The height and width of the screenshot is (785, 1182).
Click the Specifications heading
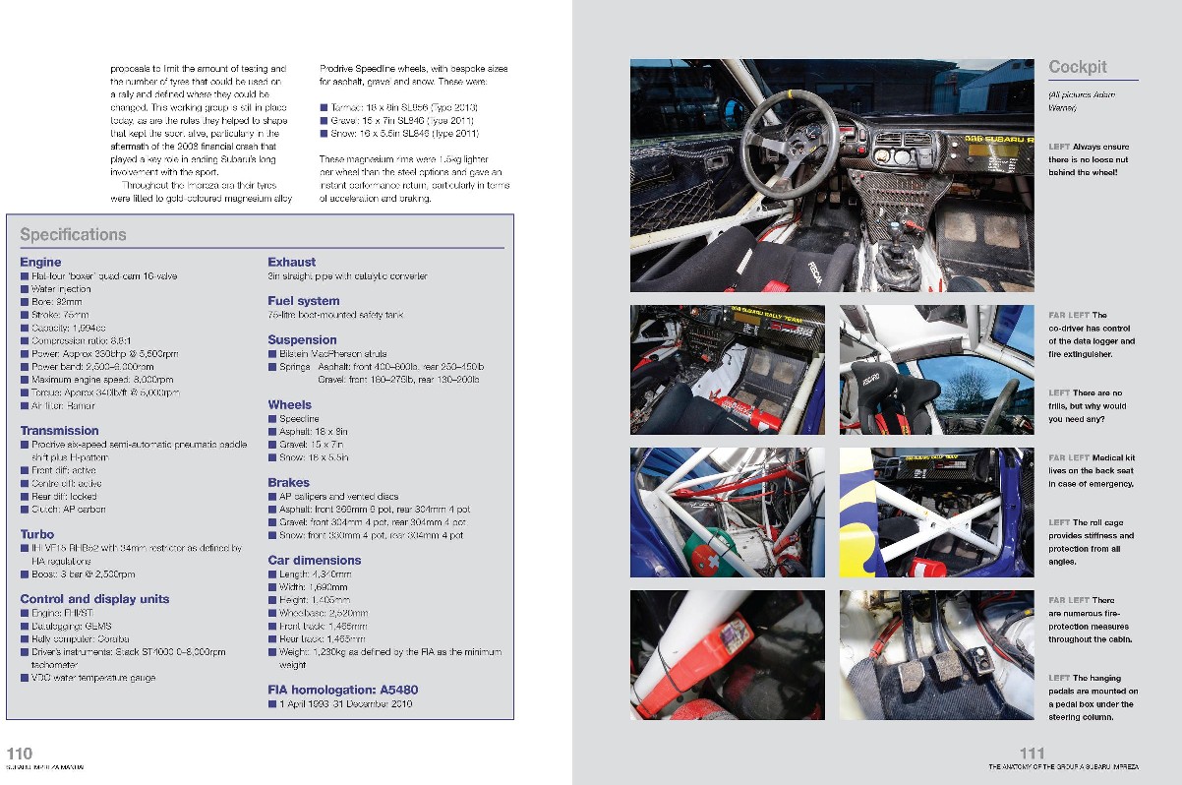pyautogui.click(x=73, y=235)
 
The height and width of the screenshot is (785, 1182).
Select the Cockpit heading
pyautogui.click(x=1077, y=67)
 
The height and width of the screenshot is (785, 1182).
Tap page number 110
pyautogui.click(x=20, y=754)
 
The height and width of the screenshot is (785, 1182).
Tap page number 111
pyautogui.click(x=1032, y=754)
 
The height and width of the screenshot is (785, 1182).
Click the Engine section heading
pyautogui.click(x=40, y=262)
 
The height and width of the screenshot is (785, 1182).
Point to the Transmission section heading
pyautogui.click(x=59, y=431)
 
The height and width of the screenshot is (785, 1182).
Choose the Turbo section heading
pyautogui.click(x=37, y=534)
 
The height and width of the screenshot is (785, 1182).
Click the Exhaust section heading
pyautogui.click(x=291, y=262)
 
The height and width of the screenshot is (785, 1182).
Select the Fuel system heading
pyautogui.click(x=303, y=301)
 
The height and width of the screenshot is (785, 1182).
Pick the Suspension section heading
pyautogui.click(x=302, y=340)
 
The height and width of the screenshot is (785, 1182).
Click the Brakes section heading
pyautogui.click(x=288, y=483)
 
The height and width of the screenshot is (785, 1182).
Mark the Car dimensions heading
pyautogui.click(x=314, y=561)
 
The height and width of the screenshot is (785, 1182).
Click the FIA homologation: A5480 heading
pyautogui.click(x=342, y=690)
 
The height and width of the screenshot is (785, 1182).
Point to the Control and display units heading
pyautogui.click(x=94, y=599)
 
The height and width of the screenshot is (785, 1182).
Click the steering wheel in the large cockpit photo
pyautogui.click(x=789, y=139)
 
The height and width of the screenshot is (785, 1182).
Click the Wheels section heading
pyautogui.click(x=289, y=404)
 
